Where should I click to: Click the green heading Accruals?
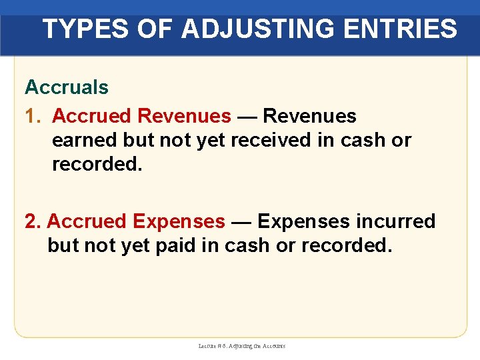67,87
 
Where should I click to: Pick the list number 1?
32,117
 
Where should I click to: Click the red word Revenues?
184,117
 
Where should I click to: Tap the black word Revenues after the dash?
309,117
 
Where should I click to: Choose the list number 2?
32,221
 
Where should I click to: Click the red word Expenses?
179,221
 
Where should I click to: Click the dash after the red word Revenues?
247,117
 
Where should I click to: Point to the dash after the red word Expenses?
241,221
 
